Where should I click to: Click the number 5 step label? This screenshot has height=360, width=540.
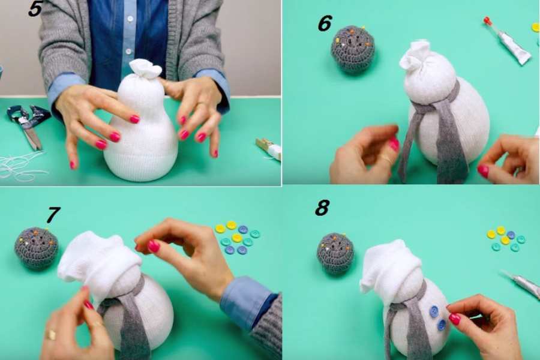(35, 8)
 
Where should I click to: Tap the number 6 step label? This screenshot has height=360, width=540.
(325, 23)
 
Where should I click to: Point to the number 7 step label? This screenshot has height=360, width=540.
(53, 215)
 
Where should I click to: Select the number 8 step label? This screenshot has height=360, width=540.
(322, 208)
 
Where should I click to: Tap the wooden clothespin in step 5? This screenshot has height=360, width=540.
(269, 149)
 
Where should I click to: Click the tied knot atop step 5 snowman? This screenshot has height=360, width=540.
(145, 68)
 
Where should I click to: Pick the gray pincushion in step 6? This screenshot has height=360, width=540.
(353, 49)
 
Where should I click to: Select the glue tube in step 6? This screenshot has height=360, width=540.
(507, 41)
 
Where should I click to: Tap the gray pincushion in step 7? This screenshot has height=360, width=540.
(37, 248)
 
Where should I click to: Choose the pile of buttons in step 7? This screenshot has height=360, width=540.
(237, 238)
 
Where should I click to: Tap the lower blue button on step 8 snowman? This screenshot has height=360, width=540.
(441, 325)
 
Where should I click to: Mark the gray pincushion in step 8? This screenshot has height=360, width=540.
(336, 253)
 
